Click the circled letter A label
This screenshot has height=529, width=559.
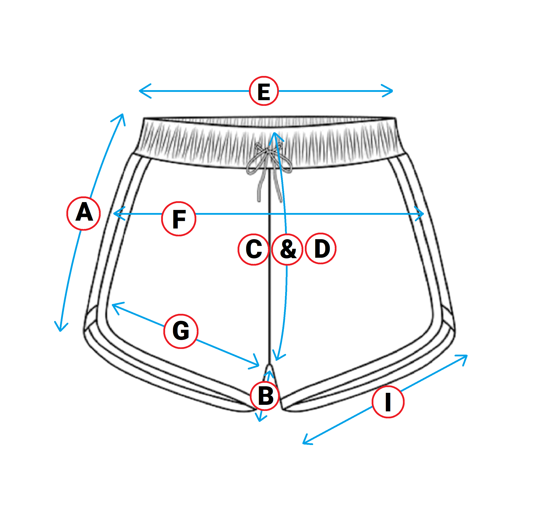pyautogui.click(x=84, y=213)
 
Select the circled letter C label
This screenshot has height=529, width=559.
pyautogui.click(x=253, y=249)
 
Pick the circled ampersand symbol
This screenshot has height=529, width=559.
pyautogui.click(x=287, y=249)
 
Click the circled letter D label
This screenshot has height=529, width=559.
pyautogui.click(x=321, y=248)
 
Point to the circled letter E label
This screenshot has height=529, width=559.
pyautogui.click(x=264, y=91)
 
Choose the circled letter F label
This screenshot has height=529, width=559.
pyautogui.click(x=179, y=219)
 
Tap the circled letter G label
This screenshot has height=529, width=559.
pyautogui.click(x=181, y=331)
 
